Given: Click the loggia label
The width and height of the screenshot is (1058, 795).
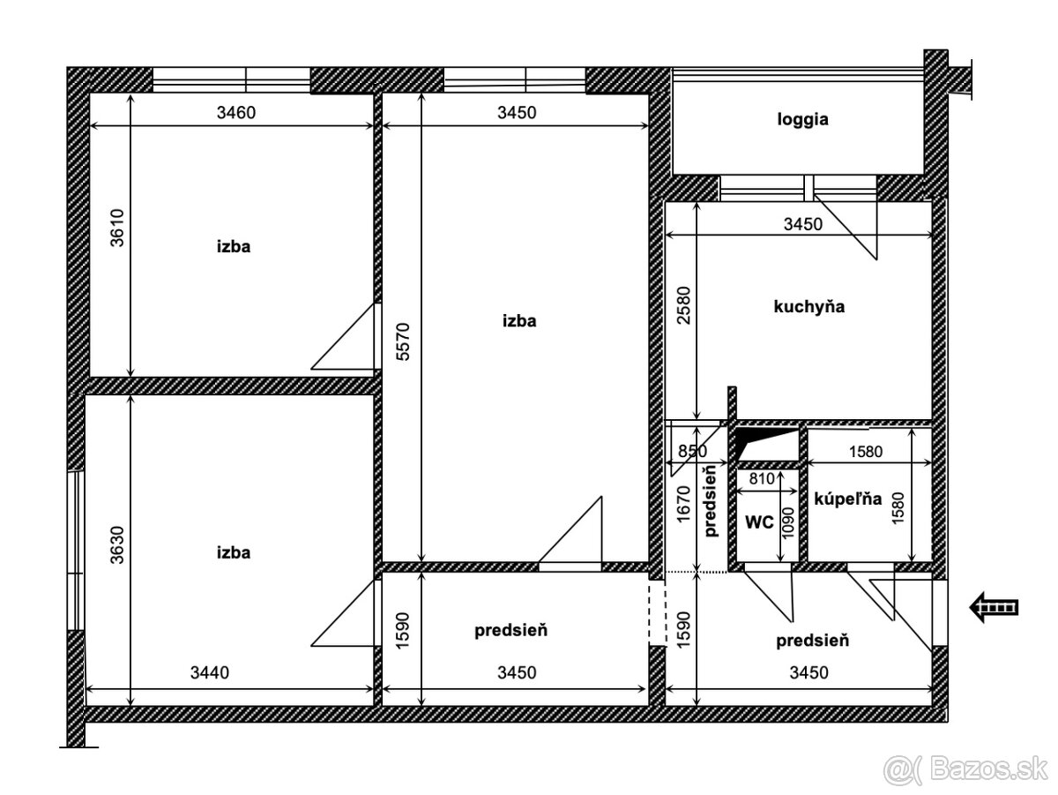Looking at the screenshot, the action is tap(802, 120).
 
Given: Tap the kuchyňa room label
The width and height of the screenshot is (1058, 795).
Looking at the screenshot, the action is tap(808, 306).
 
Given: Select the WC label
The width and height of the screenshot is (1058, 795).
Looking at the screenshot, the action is tap(759, 521).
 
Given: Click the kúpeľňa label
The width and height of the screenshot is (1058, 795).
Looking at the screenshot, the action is tap(848, 498).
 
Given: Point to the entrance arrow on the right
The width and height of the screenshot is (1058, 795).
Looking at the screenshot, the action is tap(994, 607).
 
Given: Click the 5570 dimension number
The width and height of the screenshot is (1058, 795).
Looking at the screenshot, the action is tap(402, 341).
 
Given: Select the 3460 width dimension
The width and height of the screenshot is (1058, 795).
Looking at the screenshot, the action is tap(236, 112).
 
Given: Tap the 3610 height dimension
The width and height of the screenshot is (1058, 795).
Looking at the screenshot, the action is tap(117, 228).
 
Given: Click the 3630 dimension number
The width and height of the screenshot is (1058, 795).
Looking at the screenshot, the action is tap(117, 544).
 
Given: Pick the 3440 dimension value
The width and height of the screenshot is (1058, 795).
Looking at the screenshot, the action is tap(210, 672).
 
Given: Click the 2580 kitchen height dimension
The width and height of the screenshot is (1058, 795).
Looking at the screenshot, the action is tap(683, 305).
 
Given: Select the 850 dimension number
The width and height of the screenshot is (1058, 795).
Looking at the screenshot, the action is tap(693, 451).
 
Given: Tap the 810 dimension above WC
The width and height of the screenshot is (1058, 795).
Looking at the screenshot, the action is tap(762, 478).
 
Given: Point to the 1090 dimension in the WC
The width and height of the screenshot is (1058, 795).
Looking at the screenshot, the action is tap(787, 523).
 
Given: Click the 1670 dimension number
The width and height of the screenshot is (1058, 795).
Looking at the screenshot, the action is tap(683, 504).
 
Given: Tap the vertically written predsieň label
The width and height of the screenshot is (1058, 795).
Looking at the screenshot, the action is tap(711, 502).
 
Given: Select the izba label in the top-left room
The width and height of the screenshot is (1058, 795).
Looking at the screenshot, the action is tap(234, 246).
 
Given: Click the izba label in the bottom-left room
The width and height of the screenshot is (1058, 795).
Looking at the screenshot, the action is tap(234, 552).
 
